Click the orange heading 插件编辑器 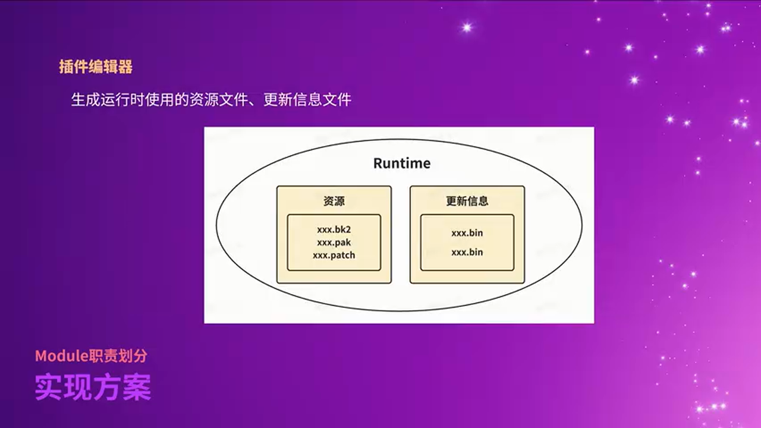(x=96, y=67)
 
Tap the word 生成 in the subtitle (x=86, y=99)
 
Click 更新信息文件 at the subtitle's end (x=307, y=99)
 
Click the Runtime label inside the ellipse (x=402, y=163)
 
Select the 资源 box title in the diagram (x=334, y=201)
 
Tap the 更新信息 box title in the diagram (x=467, y=201)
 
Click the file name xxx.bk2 (x=334, y=229)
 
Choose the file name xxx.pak (x=334, y=242)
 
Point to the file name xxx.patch (x=334, y=255)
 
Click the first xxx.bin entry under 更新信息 (x=467, y=233)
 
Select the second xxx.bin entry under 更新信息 (x=467, y=252)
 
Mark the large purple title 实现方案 (x=93, y=387)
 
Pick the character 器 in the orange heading (x=125, y=67)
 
